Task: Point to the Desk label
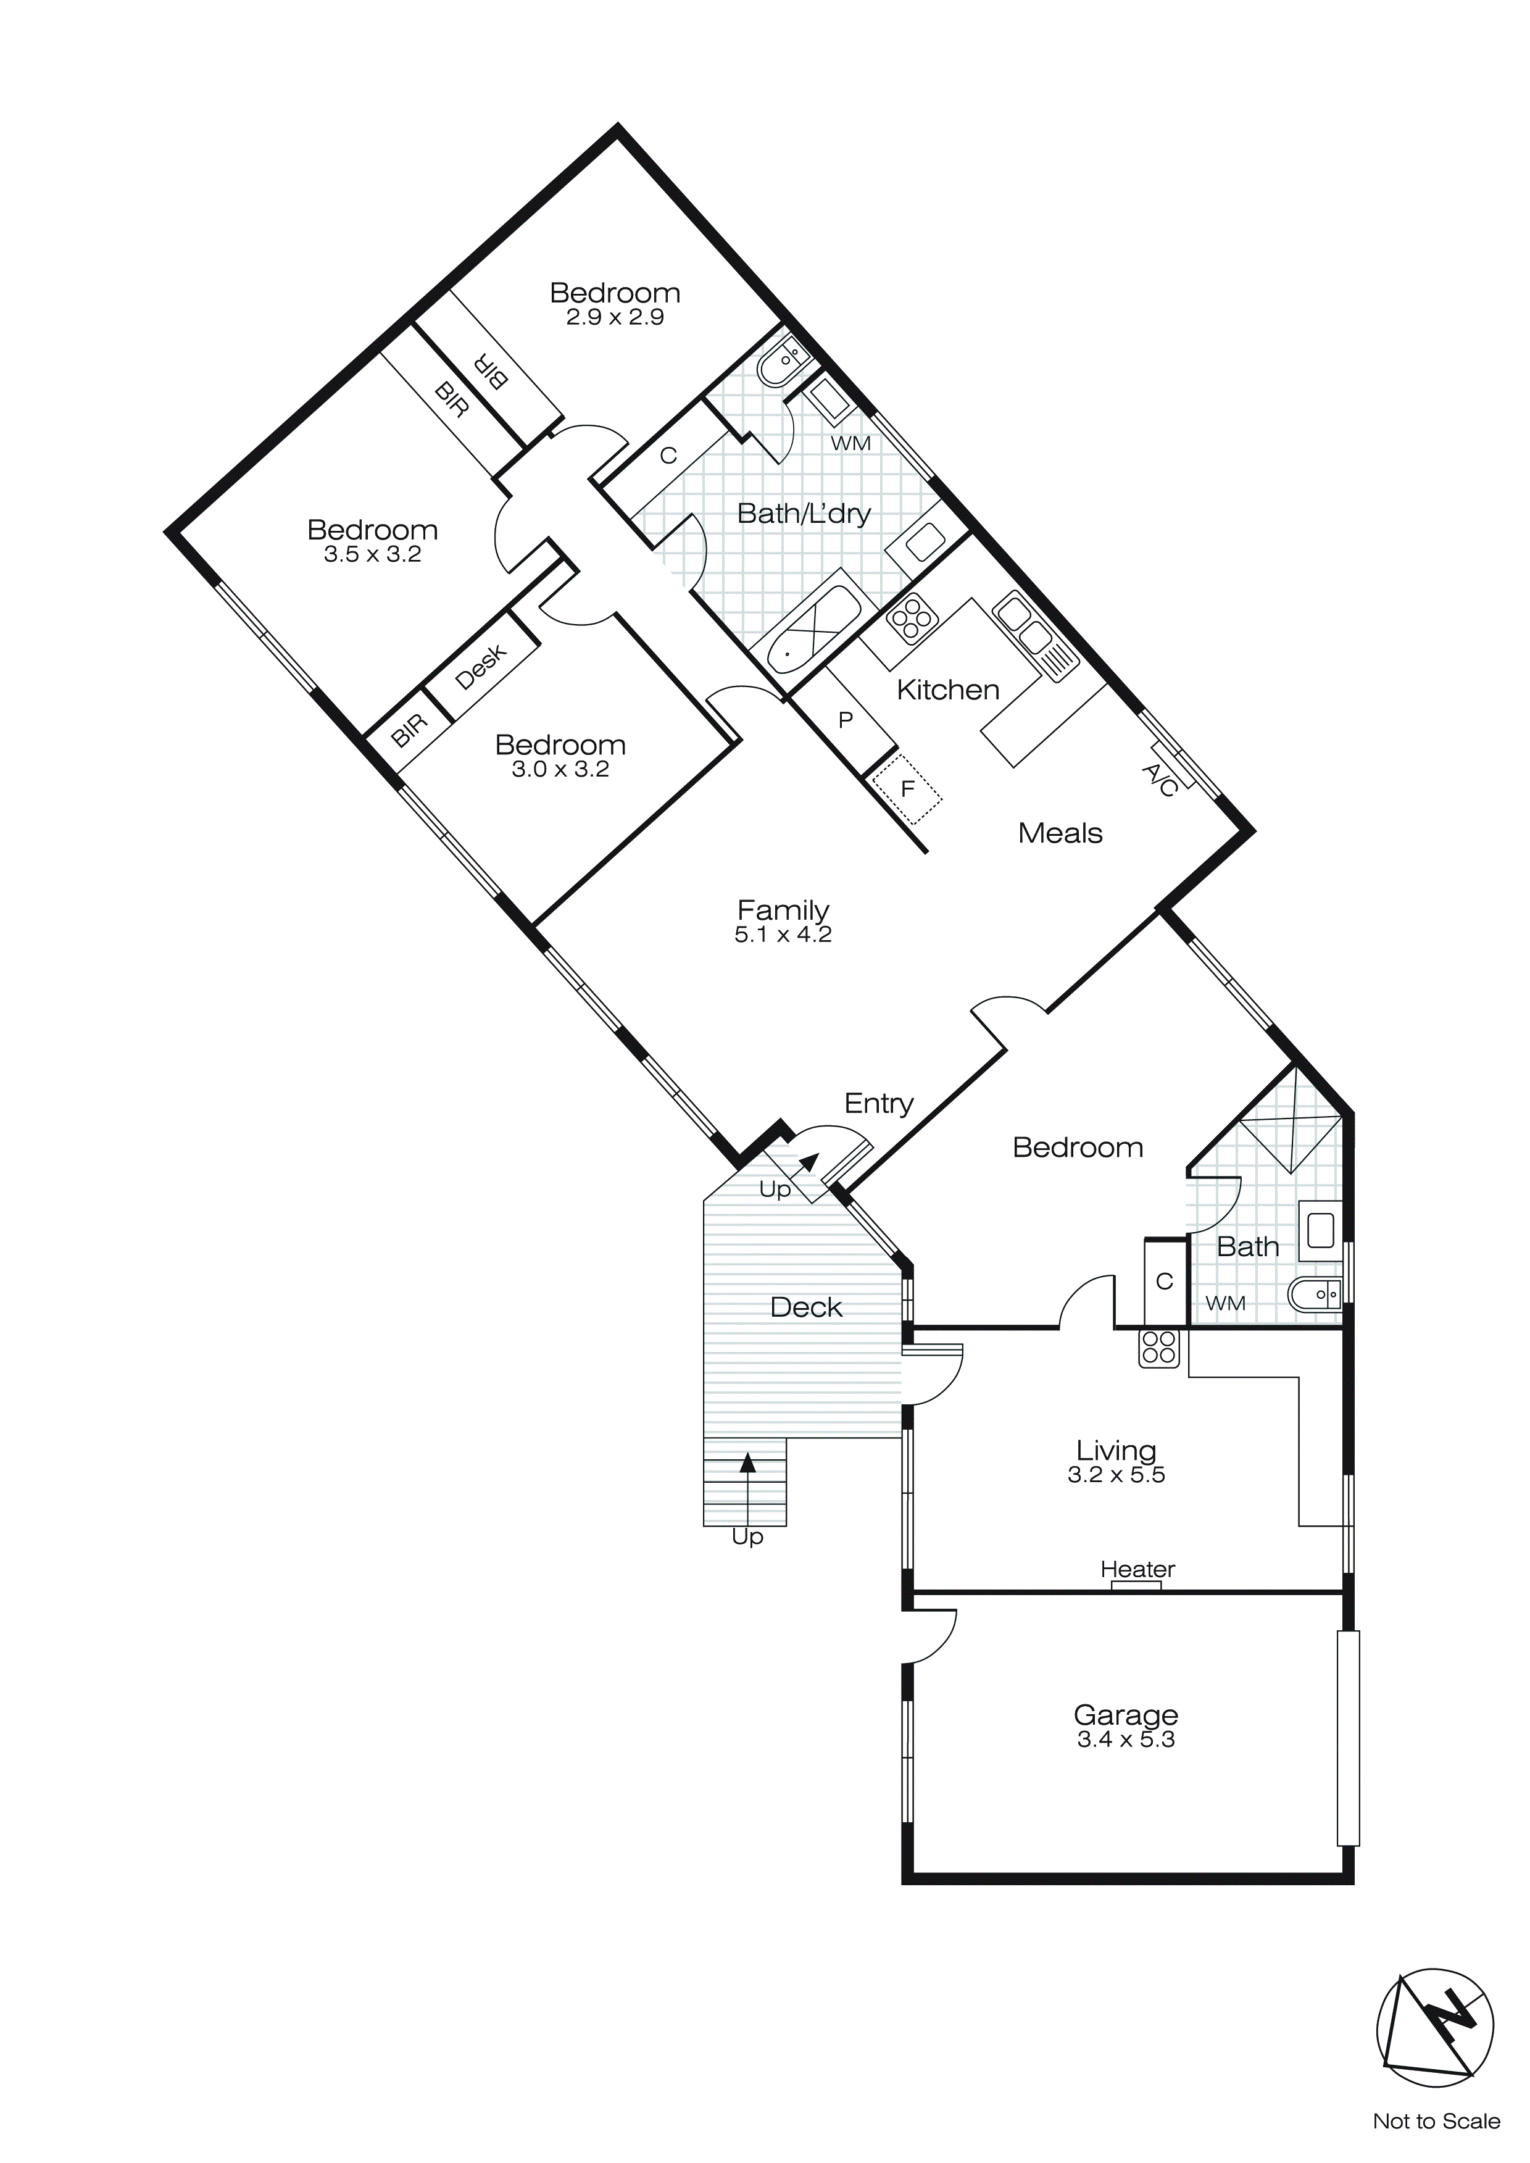[x=481, y=666]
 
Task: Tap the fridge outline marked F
[x=906, y=788]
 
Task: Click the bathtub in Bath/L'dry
[x=811, y=631]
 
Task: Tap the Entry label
[x=878, y=1103]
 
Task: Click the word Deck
[x=805, y=1307]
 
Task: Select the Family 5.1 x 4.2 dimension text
[x=783, y=935]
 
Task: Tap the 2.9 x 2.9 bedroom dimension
[x=614, y=317]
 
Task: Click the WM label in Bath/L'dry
[x=850, y=443]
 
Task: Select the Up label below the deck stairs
[x=747, y=1536]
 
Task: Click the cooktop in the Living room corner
[x=1159, y=1347]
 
